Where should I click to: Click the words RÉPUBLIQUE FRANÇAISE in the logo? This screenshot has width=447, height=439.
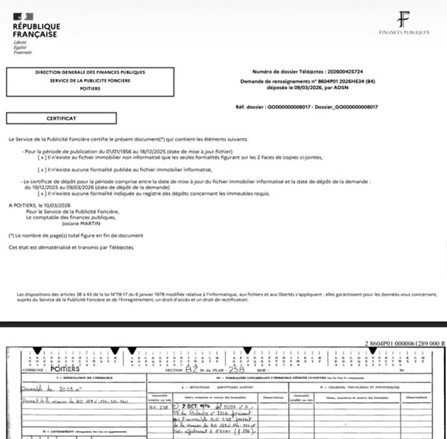click(x=36, y=31)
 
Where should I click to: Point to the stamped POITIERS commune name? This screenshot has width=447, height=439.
click(x=65, y=369)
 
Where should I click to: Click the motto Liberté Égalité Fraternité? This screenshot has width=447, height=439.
click(x=23, y=48)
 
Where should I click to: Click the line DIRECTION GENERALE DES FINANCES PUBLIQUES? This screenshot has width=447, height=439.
click(x=90, y=73)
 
